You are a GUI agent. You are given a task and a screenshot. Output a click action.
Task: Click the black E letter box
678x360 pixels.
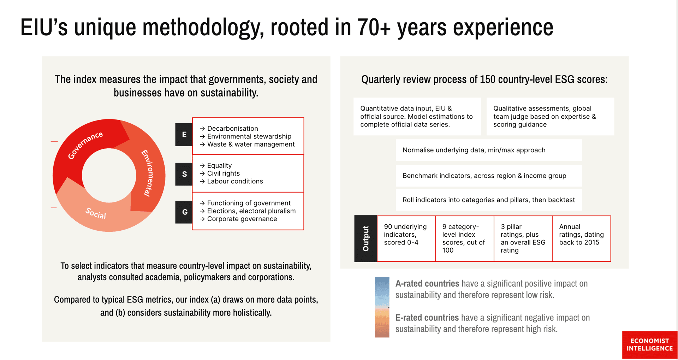tap(184, 135)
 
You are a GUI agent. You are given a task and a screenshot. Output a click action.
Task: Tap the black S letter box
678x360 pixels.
tap(184, 174)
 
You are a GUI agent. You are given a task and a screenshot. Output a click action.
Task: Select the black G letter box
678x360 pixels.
tap(184, 212)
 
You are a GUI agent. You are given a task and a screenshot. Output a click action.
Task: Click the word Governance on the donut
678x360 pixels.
tap(85, 145)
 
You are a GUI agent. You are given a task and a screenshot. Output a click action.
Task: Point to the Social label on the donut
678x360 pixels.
tap(96, 213)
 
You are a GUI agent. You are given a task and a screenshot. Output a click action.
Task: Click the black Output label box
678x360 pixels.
tap(366, 238)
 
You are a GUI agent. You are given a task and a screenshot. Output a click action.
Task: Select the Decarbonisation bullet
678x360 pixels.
tap(229, 129)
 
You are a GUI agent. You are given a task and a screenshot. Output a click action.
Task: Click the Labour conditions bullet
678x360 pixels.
tap(231, 181)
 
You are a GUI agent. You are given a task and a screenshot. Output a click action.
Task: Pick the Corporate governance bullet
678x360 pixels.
tap(238, 219)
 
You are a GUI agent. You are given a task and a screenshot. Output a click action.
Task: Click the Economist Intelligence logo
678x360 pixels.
tap(650, 345)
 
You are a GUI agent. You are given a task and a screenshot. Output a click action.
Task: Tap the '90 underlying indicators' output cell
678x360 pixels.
tap(406, 238)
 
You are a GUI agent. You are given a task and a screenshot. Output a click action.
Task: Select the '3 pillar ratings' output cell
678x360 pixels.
tap(523, 238)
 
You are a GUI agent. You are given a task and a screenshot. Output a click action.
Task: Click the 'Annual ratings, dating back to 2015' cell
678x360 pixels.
tap(582, 238)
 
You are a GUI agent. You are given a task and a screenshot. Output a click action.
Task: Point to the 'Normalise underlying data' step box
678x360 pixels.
tap(489, 150)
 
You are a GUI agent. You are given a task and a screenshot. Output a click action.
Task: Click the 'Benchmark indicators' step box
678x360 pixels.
tap(489, 176)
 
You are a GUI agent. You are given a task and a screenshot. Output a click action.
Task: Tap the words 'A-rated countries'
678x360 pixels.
tap(427, 284)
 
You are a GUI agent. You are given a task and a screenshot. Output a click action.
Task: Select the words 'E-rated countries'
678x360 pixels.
tap(427, 318)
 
